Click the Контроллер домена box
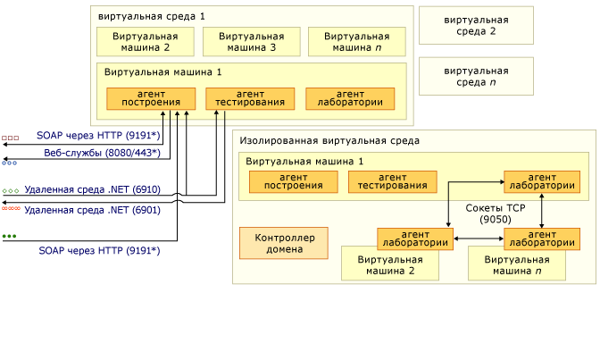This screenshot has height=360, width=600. point(283,243)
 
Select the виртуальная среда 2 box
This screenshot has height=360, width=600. point(476,25)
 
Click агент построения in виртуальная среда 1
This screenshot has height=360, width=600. point(151,98)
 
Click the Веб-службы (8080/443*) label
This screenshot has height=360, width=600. point(102,153)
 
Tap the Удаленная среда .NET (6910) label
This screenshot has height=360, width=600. point(93,189)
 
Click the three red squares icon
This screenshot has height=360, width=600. point(10,138)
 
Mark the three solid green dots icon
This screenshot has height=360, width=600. point(10,237)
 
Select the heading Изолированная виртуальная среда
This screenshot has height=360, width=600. point(329,141)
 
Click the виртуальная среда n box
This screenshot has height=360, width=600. point(476,76)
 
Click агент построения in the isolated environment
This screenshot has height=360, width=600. point(294,182)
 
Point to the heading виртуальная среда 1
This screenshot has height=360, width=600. point(151,16)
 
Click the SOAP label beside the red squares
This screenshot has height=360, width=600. point(98,136)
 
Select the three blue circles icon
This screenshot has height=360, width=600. point(10,163)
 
